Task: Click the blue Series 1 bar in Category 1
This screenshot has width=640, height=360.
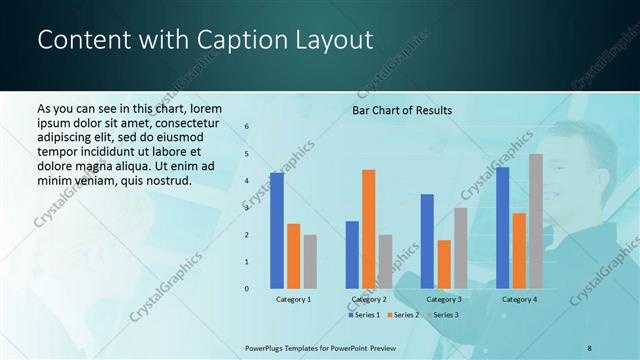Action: point(277,231)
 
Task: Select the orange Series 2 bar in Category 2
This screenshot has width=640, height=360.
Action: point(368,229)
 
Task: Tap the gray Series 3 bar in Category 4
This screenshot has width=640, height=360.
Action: point(535,221)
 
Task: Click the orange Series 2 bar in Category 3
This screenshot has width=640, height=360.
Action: point(443,264)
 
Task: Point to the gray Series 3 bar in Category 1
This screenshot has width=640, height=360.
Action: point(310,262)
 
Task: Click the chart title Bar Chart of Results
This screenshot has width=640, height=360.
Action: point(401,110)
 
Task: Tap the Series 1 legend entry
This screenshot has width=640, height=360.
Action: point(363,315)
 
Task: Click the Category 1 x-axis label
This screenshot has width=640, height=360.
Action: point(293,299)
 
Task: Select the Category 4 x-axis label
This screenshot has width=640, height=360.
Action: point(518,299)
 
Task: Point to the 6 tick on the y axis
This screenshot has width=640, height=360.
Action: point(246,126)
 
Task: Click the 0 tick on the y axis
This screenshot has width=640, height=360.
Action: point(246,289)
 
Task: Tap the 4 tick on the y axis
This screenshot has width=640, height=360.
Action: point(246,181)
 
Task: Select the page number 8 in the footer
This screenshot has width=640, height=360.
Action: point(589,348)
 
